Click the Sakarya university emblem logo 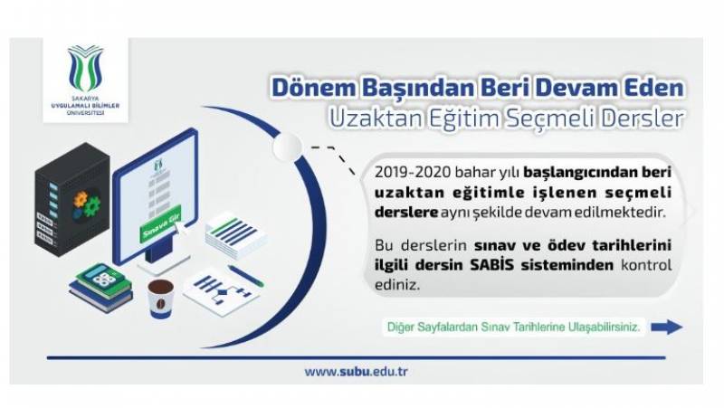point(86,68)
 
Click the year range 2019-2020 point(413,172)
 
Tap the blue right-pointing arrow point(667,327)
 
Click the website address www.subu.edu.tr point(356,371)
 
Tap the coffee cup point(161,299)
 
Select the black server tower point(72,199)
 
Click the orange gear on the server point(81,199)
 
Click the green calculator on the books point(100,277)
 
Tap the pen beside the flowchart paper point(246,276)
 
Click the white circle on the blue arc point(287,147)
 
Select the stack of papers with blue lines point(235,235)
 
